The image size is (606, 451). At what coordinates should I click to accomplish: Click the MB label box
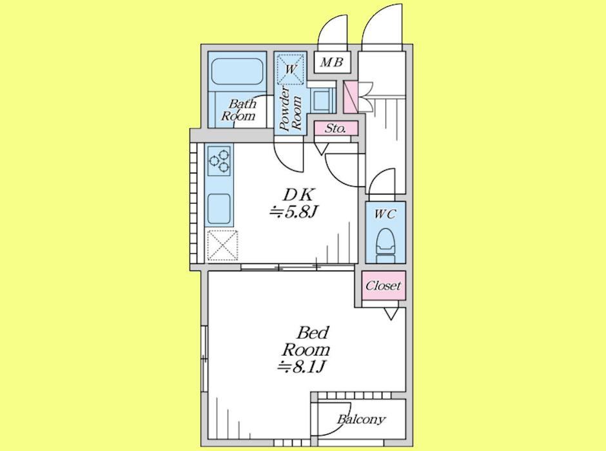tap(332, 62)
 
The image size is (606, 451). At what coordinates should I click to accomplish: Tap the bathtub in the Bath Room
tap(237, 72)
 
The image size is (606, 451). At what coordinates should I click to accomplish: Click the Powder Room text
tap(290, 109)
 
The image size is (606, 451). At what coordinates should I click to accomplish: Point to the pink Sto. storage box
tap(335, 128)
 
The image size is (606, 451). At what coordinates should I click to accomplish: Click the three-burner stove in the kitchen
tap(219, 160)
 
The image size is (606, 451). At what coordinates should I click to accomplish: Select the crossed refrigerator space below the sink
tap(222, 245)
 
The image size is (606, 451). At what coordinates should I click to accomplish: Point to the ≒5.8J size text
tap(293, 212)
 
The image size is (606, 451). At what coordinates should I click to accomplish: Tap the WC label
tap(385, 215)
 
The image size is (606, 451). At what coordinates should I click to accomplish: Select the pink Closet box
tap(384, 285)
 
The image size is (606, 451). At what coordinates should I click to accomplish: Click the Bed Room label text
tap(306, 341)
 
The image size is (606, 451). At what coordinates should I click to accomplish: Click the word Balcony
tap(361, 419)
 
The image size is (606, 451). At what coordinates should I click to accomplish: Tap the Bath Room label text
tap(238, 110)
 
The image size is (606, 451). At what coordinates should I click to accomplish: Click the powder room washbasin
tap(322, 100)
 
